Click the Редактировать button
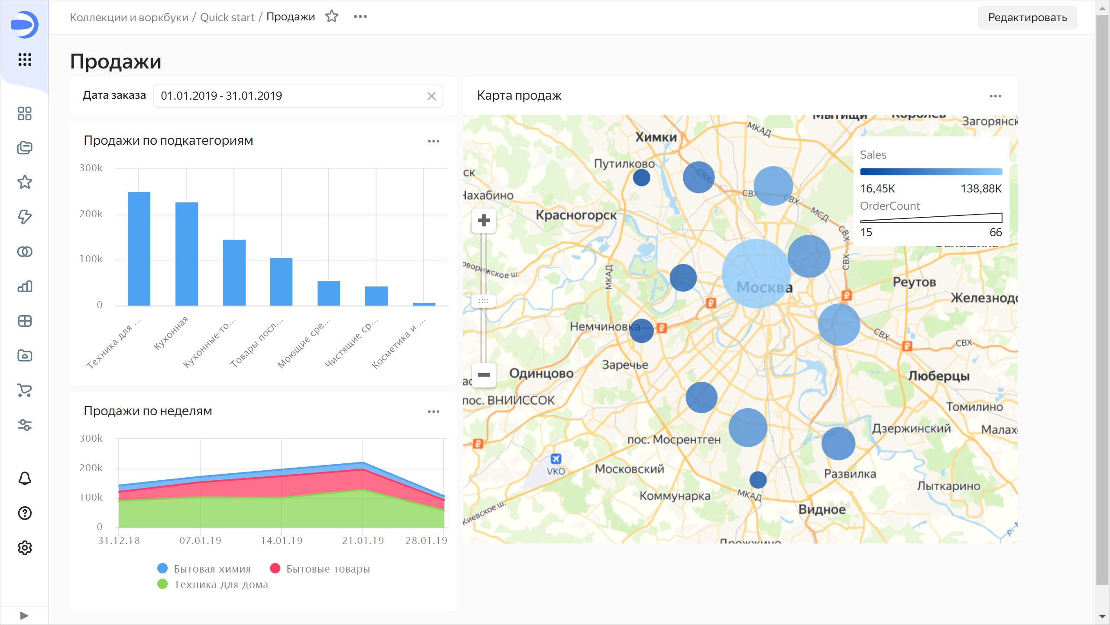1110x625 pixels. (1027, 17)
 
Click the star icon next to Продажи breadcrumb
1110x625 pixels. (332, 16)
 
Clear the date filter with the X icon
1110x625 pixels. (431, 96)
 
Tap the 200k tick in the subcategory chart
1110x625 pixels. (91, 214)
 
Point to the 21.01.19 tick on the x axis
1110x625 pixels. (363, 540)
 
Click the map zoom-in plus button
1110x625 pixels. (484, 220)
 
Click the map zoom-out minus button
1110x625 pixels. (484, 375)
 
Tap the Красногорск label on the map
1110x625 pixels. (576, 215)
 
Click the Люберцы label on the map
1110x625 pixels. (938, 376)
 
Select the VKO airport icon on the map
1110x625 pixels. (555, 459)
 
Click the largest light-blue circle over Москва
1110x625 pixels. (756, 273)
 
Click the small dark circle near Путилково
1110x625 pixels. (641, 177)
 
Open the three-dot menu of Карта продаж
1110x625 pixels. (995, 96)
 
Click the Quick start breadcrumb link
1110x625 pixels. (227, 17)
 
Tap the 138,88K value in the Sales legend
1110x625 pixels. (981, 189)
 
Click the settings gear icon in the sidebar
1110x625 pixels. (25, 548)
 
